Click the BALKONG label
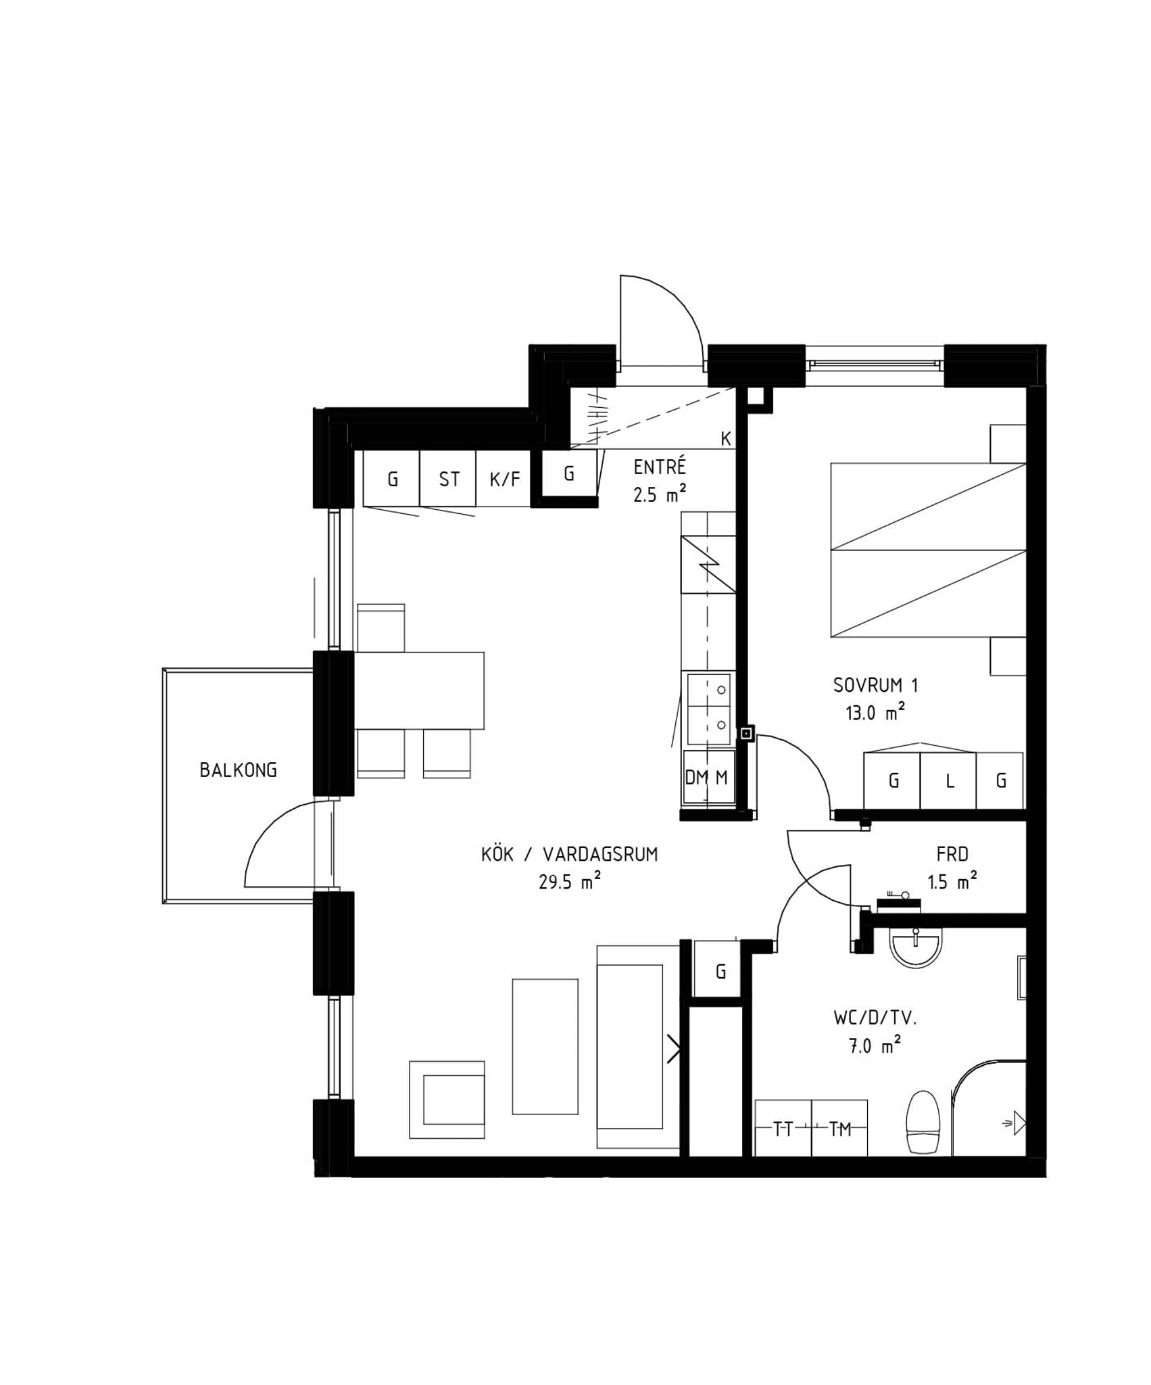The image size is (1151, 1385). (238, 770)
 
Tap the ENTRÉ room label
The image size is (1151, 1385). (660, 467)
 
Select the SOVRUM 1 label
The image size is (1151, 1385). (875, 686)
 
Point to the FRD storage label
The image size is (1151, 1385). (952, 855)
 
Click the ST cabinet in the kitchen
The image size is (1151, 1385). (448, 478)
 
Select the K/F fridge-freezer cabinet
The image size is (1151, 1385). (504, 478)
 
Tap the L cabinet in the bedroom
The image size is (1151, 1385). (948, 780)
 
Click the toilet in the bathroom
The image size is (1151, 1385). (923, 1123)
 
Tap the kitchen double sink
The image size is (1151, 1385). (709, 709)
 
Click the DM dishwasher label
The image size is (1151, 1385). (696, 778)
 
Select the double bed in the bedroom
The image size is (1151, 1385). (929, 550)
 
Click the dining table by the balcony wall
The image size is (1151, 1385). (419, 690)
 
